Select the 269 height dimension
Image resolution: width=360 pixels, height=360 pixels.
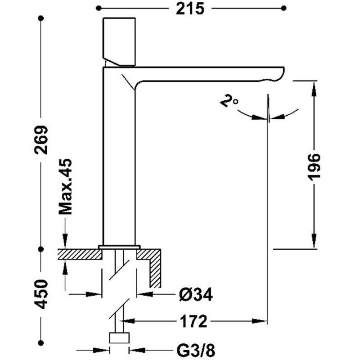pyautogui.click(x=41, y=139)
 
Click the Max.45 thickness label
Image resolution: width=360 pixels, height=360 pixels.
pyautogui.click(x=66, y=187)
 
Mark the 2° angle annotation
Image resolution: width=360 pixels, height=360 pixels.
pyautogui.click(x=229, y=101)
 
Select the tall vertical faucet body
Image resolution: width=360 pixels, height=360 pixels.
pyautogui.click(x=119, y=162)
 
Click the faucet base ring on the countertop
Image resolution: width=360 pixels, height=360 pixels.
pyautogui.click(x=119, y=247)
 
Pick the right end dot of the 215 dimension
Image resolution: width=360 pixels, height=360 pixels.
pyautogui.click(x=284, y=8)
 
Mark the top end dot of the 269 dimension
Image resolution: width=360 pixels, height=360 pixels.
pyautogui.click(x=41, y=18)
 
